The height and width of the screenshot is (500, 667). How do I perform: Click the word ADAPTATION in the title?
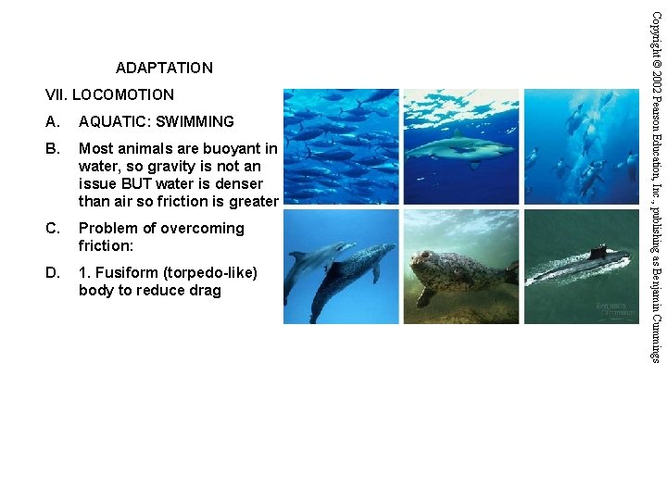coord(164,68)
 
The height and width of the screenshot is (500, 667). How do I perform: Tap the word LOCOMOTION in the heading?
coord(122,94)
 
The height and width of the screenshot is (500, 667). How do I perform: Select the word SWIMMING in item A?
coord(195,121)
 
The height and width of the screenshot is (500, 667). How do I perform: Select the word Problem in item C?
coord(109,228)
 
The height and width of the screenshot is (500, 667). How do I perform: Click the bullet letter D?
coord(52,272)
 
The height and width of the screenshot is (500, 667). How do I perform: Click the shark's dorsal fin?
coord(455,134)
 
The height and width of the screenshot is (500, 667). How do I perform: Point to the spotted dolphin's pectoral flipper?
coord(374,272)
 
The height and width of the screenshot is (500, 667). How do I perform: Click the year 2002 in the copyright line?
coord(655,81)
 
